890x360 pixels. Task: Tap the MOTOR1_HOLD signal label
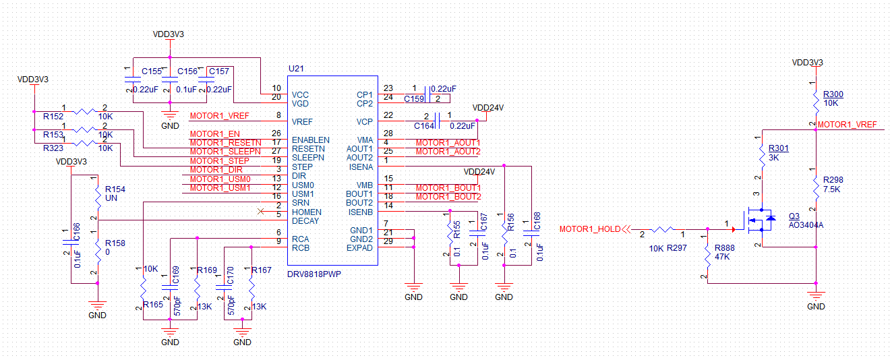tap(590, 229)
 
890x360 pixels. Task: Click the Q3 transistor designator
tap(794, 216)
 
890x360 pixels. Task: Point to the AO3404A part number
tap(806, 224)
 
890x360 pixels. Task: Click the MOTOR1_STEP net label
tap(220, 161)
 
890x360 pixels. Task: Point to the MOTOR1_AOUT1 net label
tap(448, 143)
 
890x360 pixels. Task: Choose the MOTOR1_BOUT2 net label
tap(448, 196)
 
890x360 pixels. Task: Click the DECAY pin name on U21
tap(305, 220)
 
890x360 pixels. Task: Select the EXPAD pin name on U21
tap(359, 247)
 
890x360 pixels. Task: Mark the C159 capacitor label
tap(415, 99)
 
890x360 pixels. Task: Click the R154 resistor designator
tap(115, 189)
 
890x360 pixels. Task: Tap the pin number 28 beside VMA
tap(388, 133)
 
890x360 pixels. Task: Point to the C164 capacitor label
tap(424, 125)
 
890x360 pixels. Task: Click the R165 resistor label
tap(153, 305)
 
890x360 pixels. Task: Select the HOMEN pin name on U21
tap(306, 212)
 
